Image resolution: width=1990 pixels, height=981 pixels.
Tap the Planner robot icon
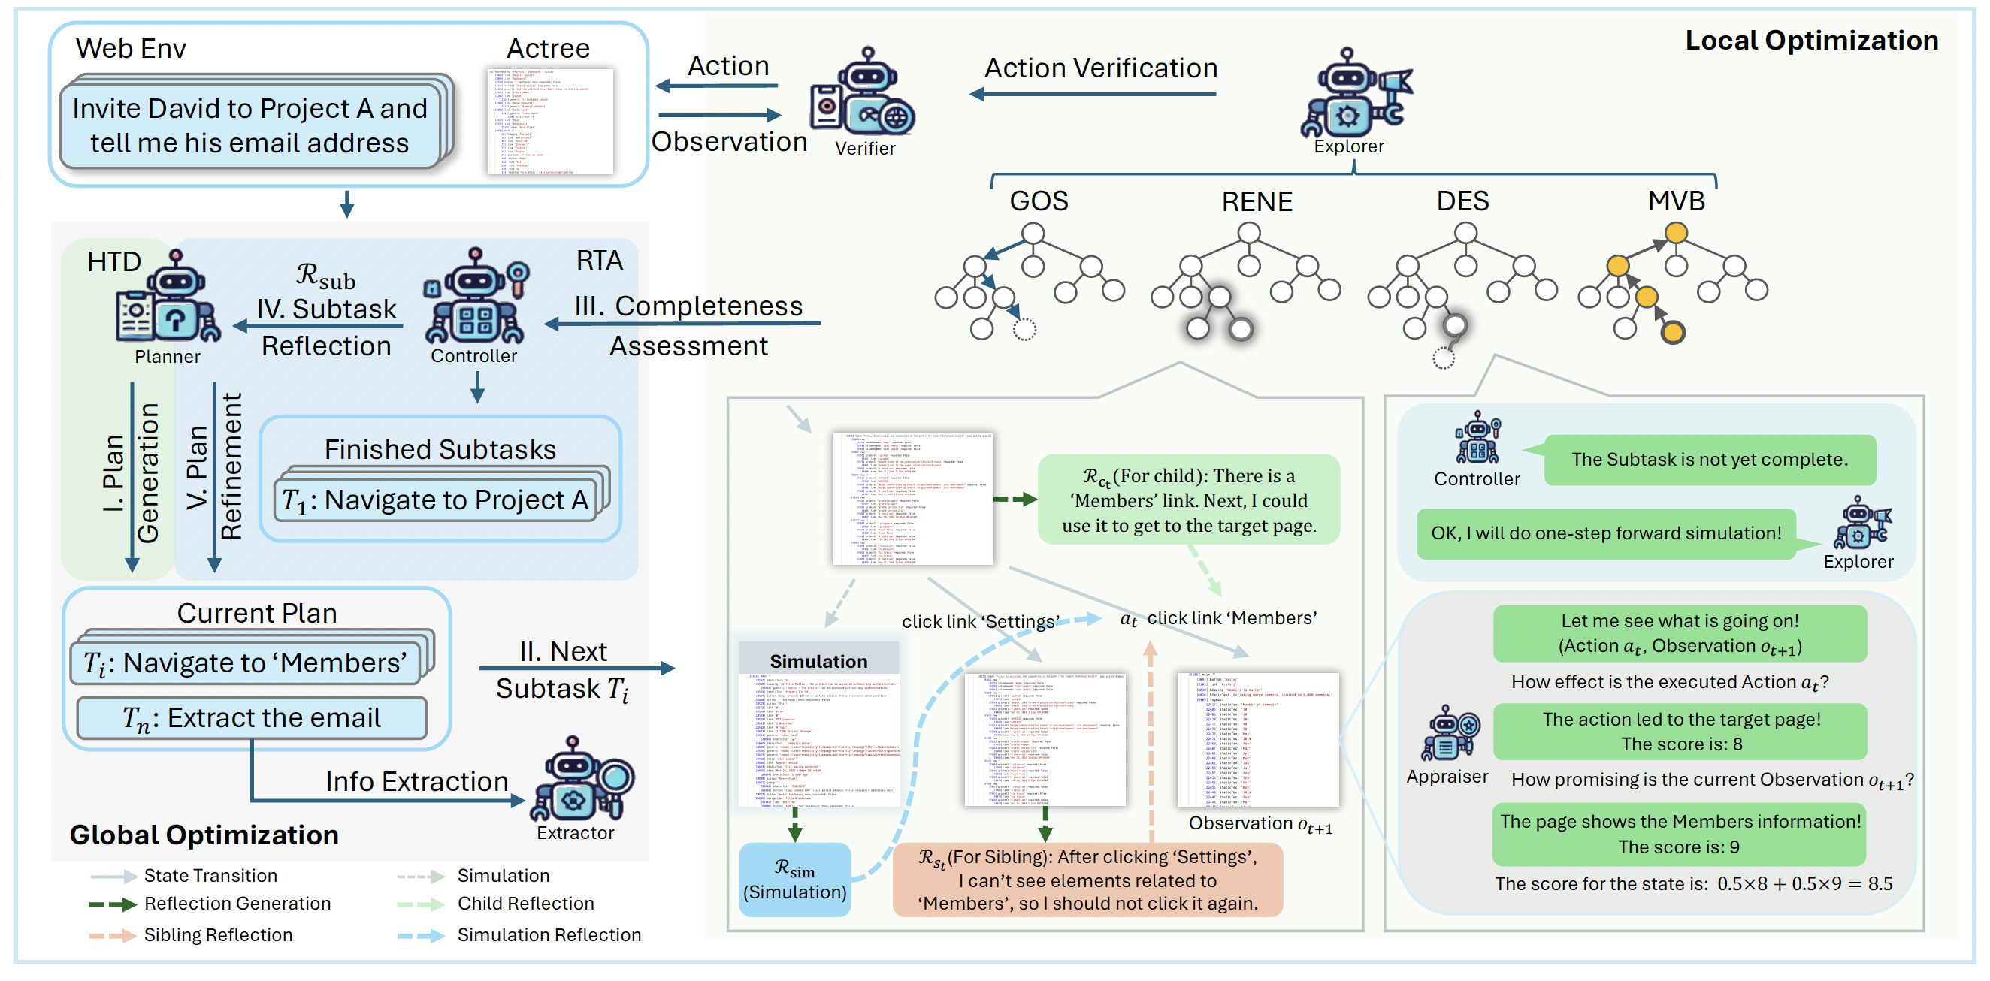tap(168, 298)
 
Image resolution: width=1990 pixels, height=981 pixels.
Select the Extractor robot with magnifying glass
tap(580, 780)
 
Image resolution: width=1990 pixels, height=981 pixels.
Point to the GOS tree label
tap(1039, 201)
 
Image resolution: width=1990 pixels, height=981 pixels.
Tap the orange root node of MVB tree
tap(1675, 233)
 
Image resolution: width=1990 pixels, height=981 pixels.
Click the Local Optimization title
tap(1811, 40)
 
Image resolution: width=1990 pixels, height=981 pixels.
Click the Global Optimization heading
tap(204, 835)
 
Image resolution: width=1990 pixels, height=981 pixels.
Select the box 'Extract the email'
tap(252, 718)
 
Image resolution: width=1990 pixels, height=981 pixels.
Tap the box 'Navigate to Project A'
tap(436, 500)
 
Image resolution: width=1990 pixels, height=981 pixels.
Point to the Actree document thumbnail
tap(550, 121)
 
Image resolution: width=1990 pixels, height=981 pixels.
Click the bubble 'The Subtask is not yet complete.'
tap(1709, 460)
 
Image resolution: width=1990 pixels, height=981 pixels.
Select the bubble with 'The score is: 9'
tap(1679, 835)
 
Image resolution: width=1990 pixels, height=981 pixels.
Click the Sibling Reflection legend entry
tap(218, 935)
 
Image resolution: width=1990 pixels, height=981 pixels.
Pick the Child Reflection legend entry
tap(525, 904)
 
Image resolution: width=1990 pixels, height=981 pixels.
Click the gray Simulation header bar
tap(818, 661)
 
